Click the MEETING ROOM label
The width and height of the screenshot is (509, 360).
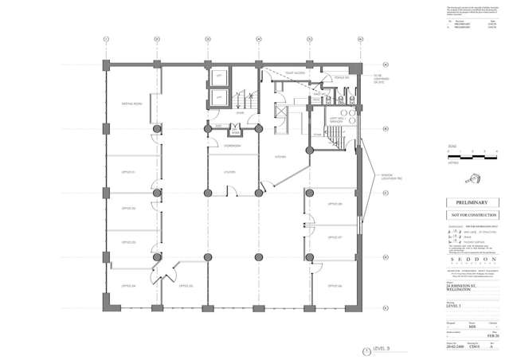tap(131, 103)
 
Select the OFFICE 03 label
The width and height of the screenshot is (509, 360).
tap(129, 243)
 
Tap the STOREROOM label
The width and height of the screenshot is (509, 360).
tap(233, 147)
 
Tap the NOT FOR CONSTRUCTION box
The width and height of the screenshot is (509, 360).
tap(470, 215)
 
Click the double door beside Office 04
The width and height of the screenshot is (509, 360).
tap(166, 273)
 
